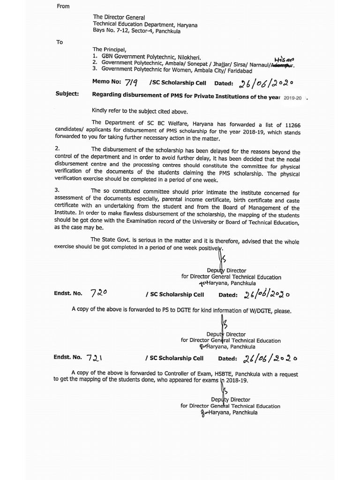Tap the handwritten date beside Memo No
click(x=266, y=83)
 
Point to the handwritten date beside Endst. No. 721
click(x=270, y=359)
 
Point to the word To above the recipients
click(x=60, y=42)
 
